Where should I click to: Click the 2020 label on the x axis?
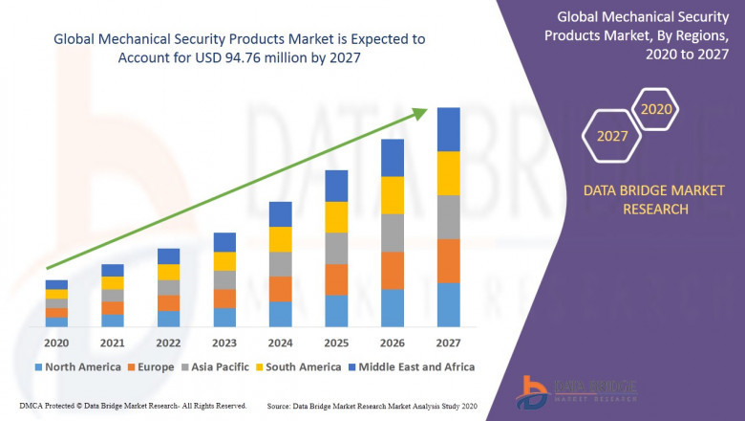point(56,343)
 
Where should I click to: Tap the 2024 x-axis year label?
point(280,343)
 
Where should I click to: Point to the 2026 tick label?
point(392,343)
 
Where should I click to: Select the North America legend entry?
point(76,366)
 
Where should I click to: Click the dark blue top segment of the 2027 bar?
point(448,129)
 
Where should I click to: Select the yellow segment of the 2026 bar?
point(392,195)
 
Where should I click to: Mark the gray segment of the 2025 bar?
point(336,248)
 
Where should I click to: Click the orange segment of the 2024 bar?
point(280,289)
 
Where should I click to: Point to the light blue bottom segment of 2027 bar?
point(448,304)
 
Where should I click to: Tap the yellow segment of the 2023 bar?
point(224,261)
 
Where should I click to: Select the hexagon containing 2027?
point(612,136)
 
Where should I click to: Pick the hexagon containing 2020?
point(656,109)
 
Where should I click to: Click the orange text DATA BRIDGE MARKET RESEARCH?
point(635,200)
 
